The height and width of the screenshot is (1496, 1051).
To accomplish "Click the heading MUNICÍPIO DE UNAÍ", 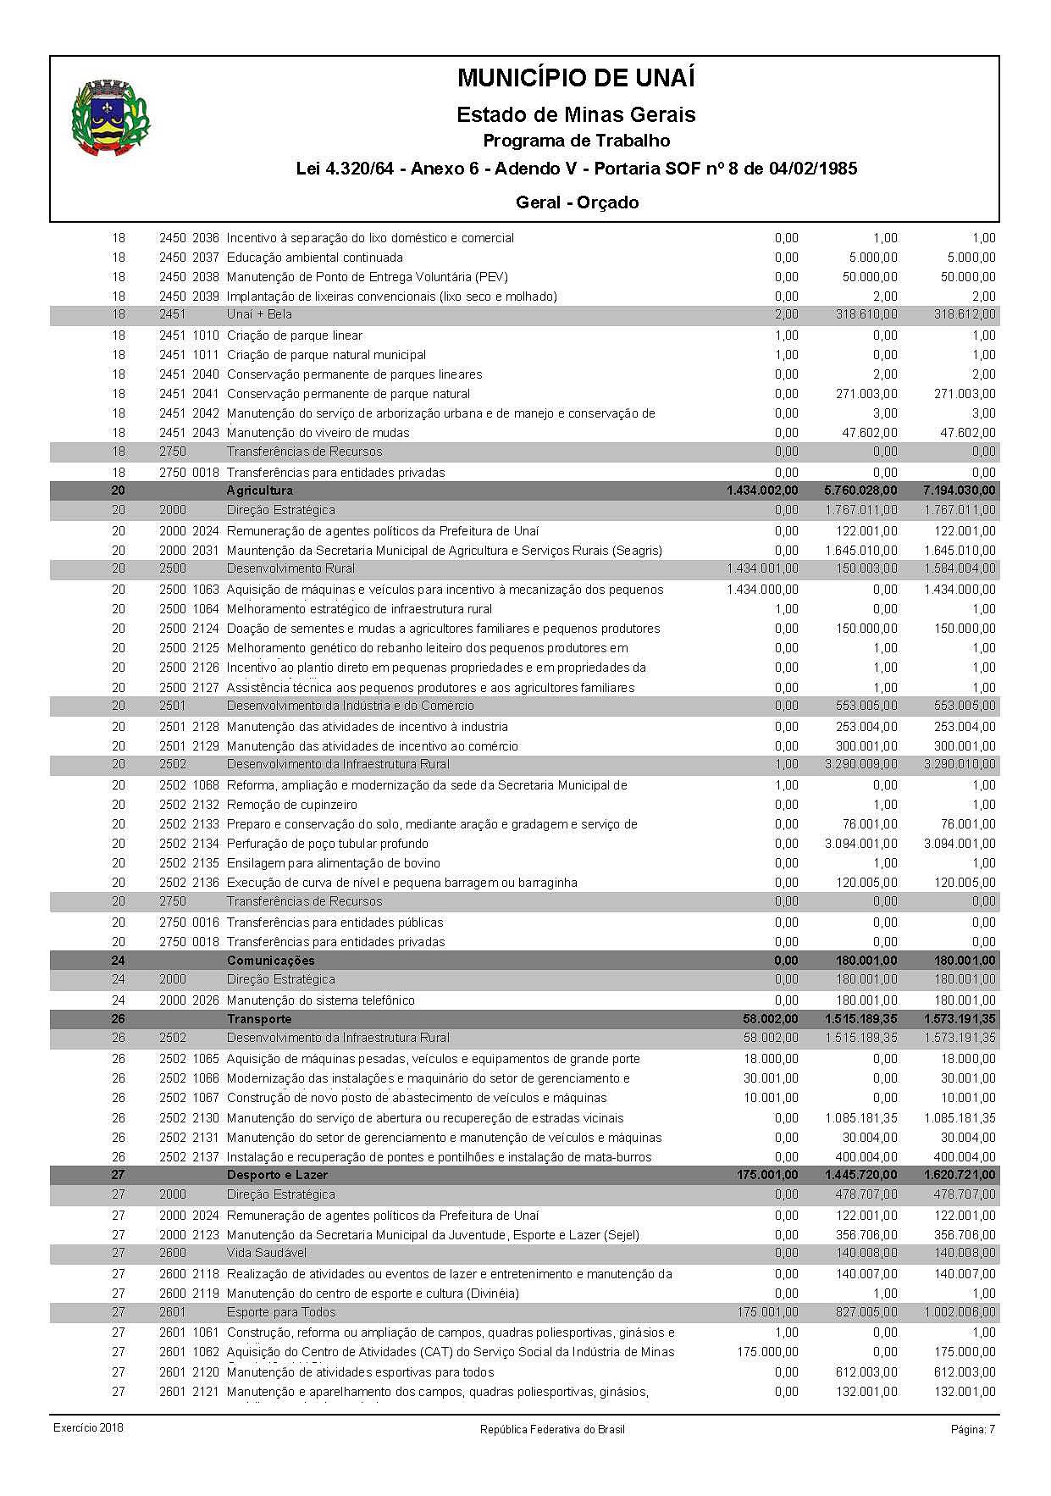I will tap(576, 78).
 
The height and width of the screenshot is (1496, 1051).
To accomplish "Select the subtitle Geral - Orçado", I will tap(577, 202).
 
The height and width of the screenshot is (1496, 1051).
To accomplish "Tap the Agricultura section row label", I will tap(260, 490).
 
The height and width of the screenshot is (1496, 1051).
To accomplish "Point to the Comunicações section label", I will tap(270, 961).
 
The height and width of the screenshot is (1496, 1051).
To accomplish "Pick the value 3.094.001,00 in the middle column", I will tap(861, 844).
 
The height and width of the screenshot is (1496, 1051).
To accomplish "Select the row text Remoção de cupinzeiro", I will tap(292, 805).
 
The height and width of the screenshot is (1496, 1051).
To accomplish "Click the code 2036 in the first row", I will tap(206, 238).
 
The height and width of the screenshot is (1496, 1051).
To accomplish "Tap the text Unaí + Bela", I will tap(259, 315).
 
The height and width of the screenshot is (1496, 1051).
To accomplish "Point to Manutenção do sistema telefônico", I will tap(321, 1000).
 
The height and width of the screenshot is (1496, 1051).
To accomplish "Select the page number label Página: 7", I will tap(973, 1429).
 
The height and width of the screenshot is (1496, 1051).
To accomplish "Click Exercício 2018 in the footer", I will tap(88, 1428).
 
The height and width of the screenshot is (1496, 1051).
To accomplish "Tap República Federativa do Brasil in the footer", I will tap(552, 1429).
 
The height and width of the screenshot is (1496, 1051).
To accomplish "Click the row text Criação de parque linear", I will tap(295, 335).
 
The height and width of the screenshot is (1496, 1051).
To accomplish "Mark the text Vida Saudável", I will tap(267, 1253).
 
